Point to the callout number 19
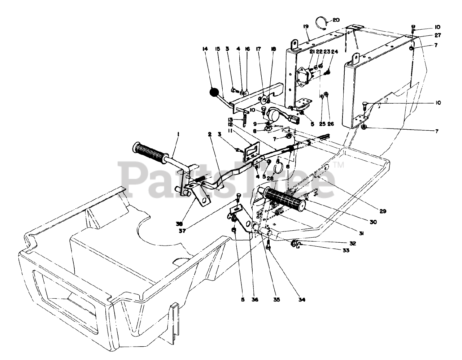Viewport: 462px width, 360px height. pos(306,26)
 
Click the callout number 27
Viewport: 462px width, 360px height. pos(438,35)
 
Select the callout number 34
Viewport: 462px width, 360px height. pos(302,299)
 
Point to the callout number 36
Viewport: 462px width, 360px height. pos(255,299)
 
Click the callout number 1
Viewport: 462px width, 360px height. pos(178,134)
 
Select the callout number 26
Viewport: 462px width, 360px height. pos(331,123)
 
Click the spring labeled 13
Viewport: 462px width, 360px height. pos(246,119)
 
